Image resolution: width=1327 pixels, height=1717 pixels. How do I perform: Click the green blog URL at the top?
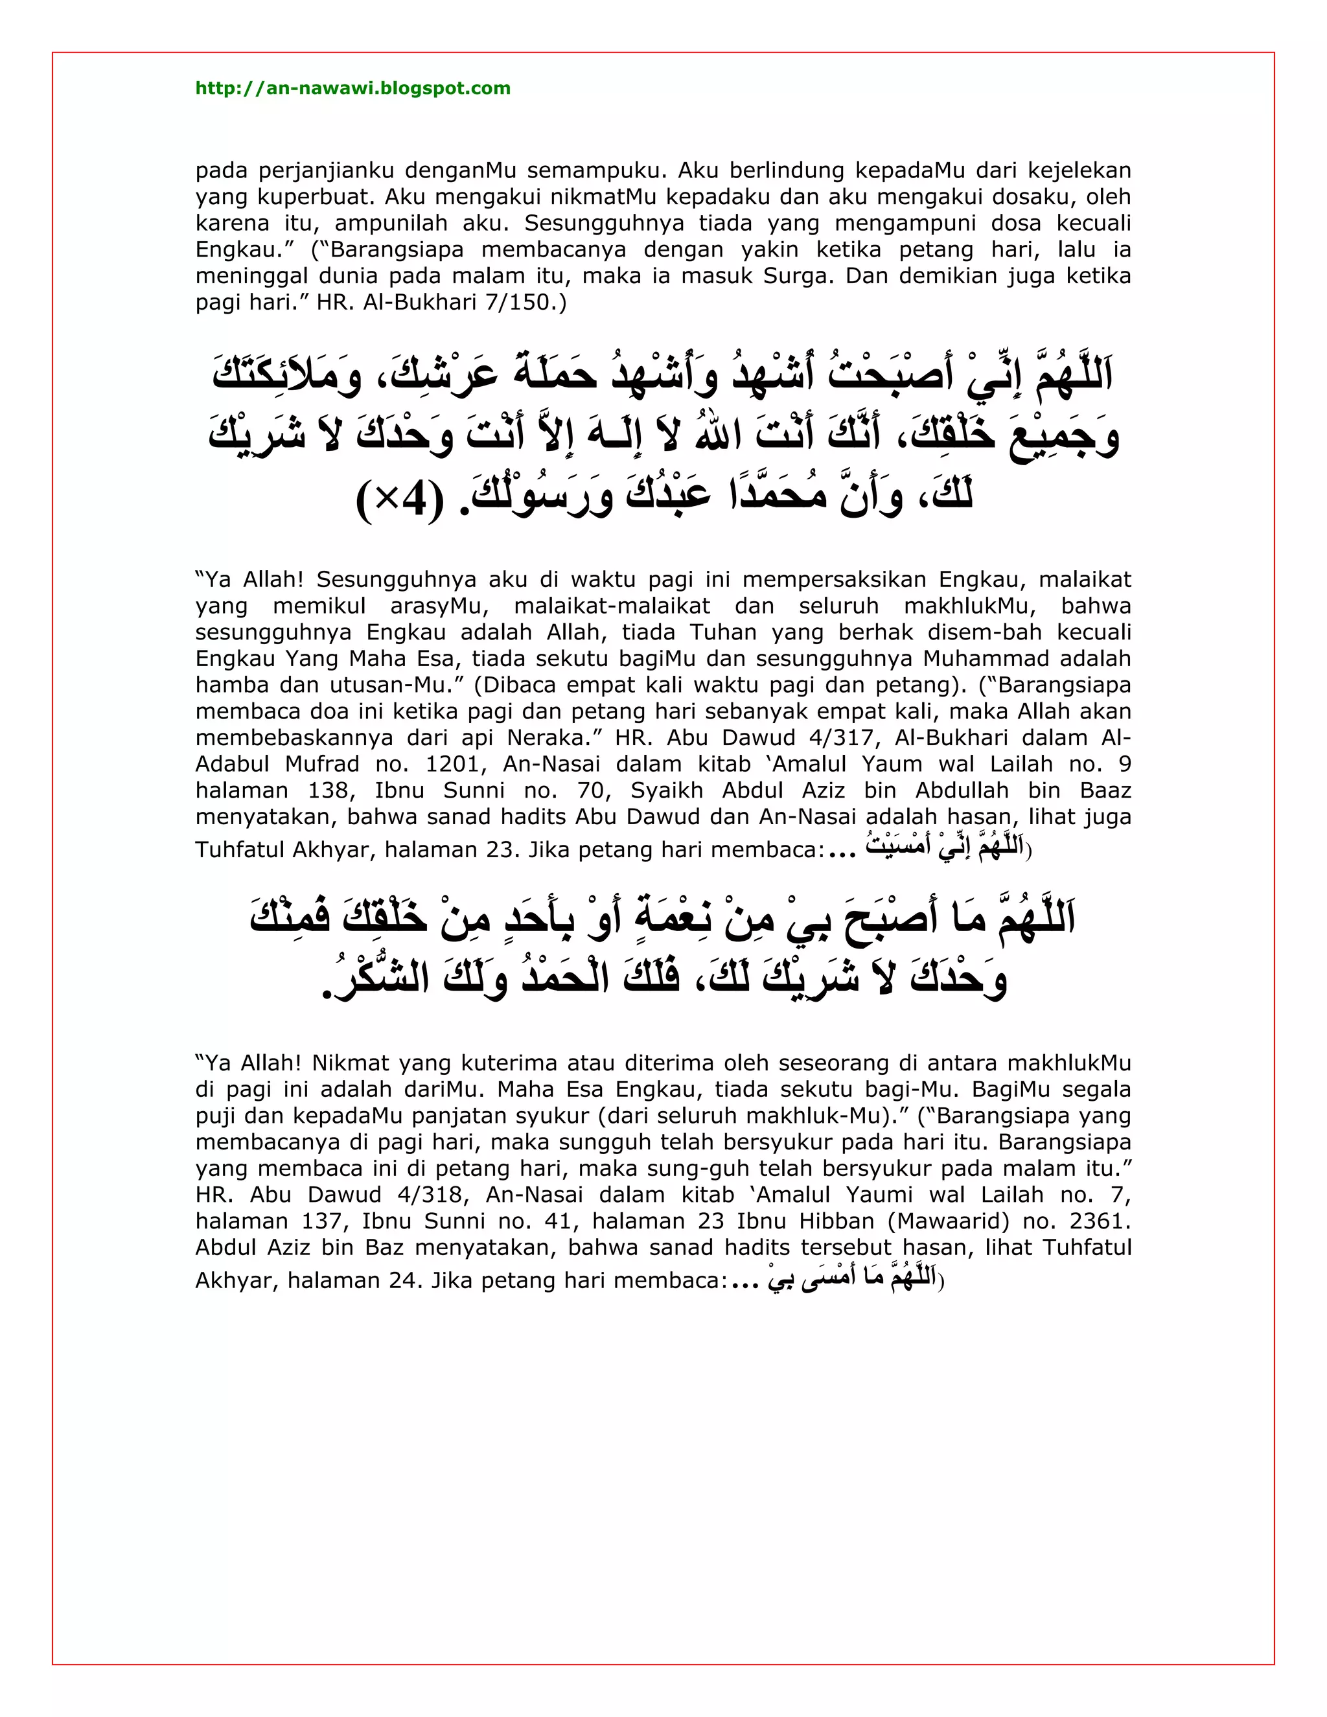pos(352,88)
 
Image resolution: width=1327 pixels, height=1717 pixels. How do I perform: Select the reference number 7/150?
pos(518,303)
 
